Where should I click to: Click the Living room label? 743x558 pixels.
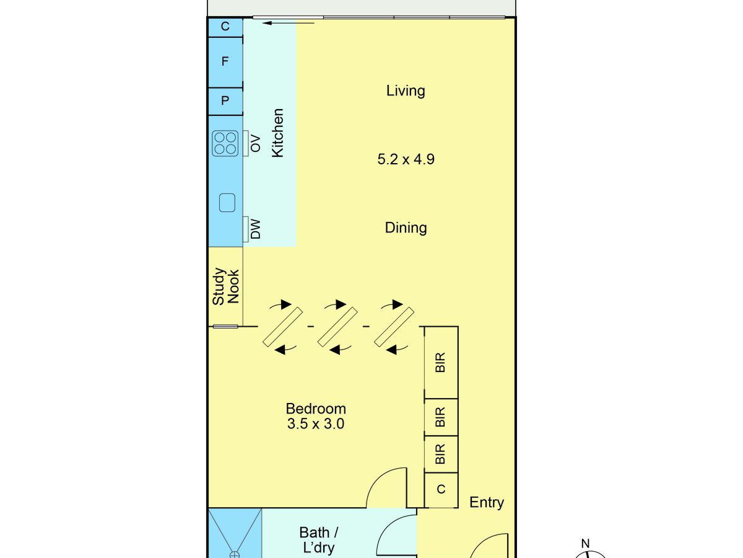(406, 91)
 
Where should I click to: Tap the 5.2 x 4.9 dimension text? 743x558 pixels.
(406, 159)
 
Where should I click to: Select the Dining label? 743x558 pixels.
(406, 228)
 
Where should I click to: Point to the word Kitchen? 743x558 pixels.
(277, 133)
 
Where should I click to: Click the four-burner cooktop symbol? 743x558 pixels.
(225, 143)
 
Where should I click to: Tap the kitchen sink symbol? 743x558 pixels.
(227, 203)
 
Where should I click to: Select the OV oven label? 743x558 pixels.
(256, 143)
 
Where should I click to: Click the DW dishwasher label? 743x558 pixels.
(256, 229)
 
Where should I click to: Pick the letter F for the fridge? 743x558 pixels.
(225, 61)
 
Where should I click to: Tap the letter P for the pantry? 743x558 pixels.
(225, 100)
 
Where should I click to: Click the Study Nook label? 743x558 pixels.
(226, 286)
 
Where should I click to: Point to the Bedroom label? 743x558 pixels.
(316, 409)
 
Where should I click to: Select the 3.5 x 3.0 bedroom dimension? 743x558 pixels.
(316, 424)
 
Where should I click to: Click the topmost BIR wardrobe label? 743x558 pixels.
(440, 363)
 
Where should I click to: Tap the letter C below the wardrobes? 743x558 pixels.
(441, 489)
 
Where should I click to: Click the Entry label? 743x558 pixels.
(487, 502)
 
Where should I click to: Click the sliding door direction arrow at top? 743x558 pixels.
(289, 23)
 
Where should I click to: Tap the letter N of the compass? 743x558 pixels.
(586, 544)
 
